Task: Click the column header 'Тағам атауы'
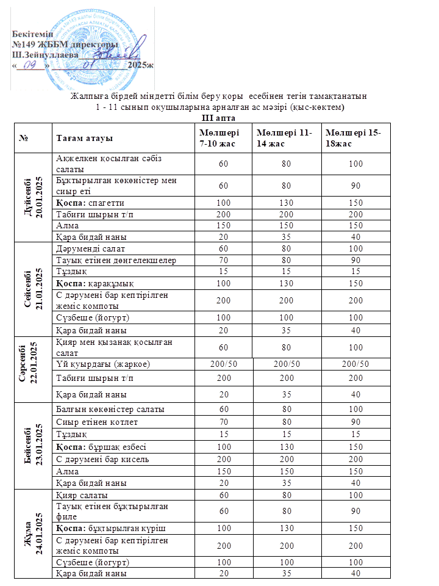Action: point(84,139)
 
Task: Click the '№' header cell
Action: point(26,139)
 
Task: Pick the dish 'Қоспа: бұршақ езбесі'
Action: point(104,446)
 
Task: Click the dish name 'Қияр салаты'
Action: point(82,494)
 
